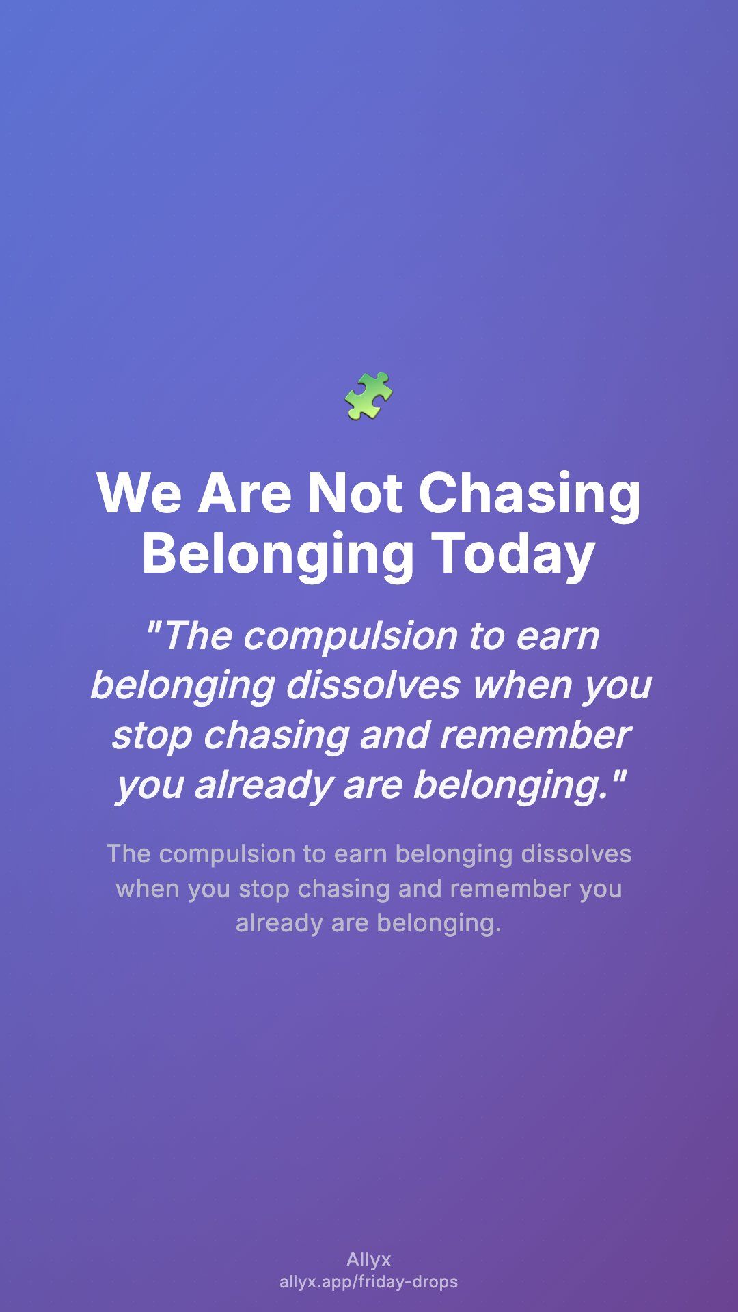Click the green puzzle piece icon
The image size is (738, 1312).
tap(369, 396)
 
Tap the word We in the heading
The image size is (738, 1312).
tap(139, 493)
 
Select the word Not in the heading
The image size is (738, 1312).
tap(355, 493)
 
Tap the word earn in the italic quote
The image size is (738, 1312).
tap(557, 637)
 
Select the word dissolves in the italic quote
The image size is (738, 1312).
tap(373, 685)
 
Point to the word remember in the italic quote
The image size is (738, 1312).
tap(534, 735)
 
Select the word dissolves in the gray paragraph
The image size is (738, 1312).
tap(576, 854)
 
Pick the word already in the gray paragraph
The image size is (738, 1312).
tap(279, 924)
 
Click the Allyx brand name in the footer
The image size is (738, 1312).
tap(369, 1259)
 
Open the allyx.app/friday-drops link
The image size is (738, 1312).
tap(369, 1282)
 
